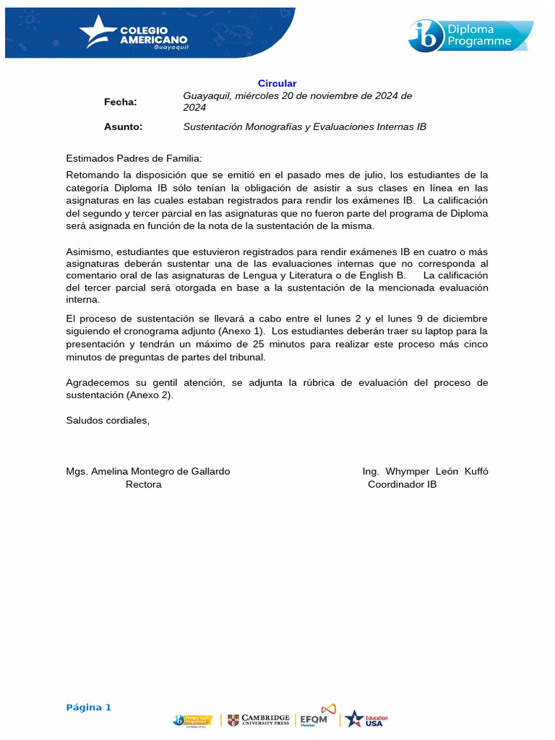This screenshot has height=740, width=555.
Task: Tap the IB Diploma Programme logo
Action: [x=470, y=35]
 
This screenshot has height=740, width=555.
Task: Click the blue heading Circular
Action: [x=277, y=84]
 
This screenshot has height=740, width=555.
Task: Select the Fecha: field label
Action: [x=120, y=102]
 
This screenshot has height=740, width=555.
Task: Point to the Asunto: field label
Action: [x=123, y=127]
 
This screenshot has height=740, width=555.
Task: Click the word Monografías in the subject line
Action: [x=274, y=127]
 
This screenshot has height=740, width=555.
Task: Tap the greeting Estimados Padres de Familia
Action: [x=134, y=158]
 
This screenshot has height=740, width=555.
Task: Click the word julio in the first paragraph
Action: [x=369, y=175]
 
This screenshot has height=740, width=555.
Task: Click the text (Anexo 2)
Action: [x=150, y=395]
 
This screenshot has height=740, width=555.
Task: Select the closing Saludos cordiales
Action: [x=108, y=421]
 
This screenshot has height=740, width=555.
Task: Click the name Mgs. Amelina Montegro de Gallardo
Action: [x=148, y=471]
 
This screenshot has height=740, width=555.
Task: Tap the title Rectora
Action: [x=144, y=485]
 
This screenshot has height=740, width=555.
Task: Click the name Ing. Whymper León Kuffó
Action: [x=425, y=471]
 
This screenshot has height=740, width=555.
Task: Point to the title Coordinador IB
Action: [x=402, y=485]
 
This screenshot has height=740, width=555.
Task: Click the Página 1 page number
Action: [x=89, y=707]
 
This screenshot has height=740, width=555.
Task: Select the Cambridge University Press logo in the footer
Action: [x=258, y=720]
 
